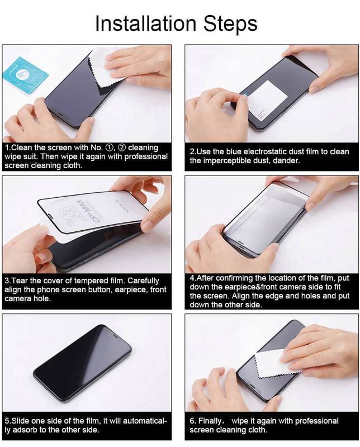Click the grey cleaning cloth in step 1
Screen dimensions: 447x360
click(103, 73)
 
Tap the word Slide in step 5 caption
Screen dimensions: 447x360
click(22, 421)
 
